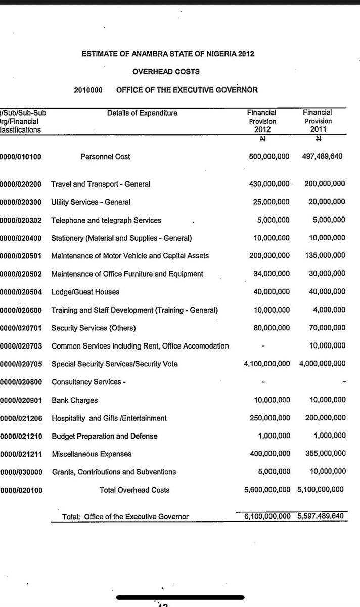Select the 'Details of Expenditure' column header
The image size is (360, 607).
pyautogui.click(x=143, y=113)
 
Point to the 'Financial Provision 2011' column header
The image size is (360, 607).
pyautogui.click(x=319, y=121)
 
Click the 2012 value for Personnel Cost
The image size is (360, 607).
pyautogui.click(x=269, y=157)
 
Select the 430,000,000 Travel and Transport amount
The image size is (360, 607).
pyautogui.click(x=269, y=184)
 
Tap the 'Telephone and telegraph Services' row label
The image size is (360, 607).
pyautogui.click(x=106, y=220)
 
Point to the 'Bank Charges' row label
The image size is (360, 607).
pyautogui.click(x=74, y=400)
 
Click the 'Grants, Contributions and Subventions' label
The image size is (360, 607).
pyautogui.click(x=114, y=472)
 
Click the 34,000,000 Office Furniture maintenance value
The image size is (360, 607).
pyautogui.click(x=272, y=274)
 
